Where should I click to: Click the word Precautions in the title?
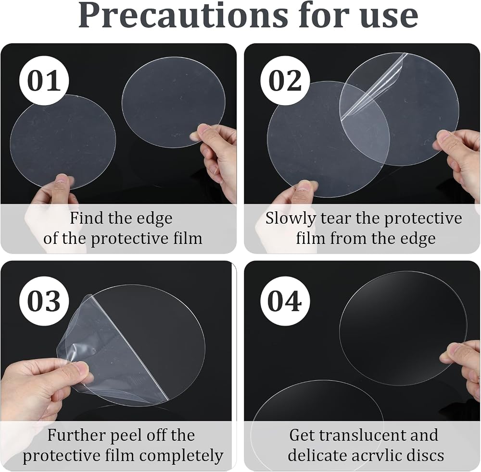pyautogui.click(x=183, y=15)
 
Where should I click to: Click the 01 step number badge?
pyautogui.click(x=44, y=81)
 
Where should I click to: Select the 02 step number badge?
pyautogui.click(x=285, y=81)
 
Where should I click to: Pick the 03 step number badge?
pyautogui.click(x=44, y=301)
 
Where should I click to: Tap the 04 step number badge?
pyautogui.click(x=285, y=301)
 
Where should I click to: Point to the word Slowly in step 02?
pyautogui.click(x=291, y=218)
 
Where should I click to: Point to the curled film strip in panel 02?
pyautogui.click(x=375, y=86)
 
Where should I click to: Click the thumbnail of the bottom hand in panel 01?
pyautogui.click(x=62, y=179)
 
